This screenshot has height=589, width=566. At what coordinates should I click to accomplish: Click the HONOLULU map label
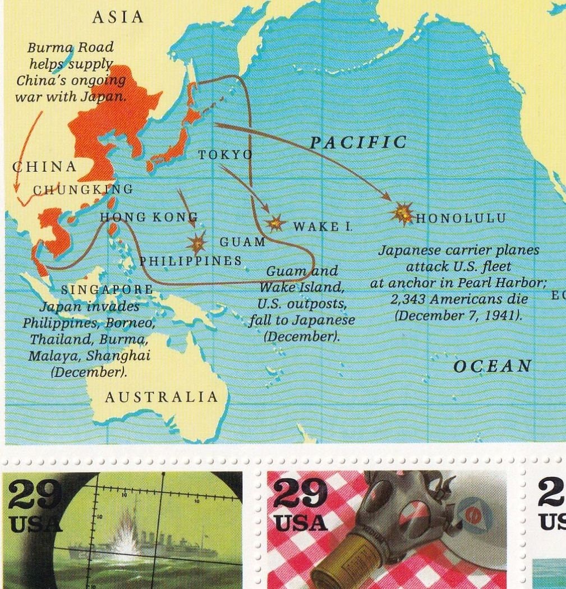click(x=461, y=218)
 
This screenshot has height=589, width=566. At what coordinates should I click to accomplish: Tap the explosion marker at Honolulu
click(x=402, y=213)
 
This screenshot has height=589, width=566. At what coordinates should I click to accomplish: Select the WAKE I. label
click(x=323, y=227)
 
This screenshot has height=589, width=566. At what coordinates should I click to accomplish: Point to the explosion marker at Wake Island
click(x=275, y=223)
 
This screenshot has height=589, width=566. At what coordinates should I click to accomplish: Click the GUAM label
click(x=242, y=242)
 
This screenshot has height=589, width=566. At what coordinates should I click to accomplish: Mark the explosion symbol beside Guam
click(x=197, y=243)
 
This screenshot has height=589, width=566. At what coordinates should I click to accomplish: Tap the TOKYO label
click(x=226, y=155)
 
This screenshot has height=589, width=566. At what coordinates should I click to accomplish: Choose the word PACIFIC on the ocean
click(x=358, y=142)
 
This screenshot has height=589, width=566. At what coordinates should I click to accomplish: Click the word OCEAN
click(x=492, y=366)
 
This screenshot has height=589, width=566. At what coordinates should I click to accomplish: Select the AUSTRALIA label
click(x=161, y=397)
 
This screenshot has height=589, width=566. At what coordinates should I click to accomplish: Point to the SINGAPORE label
click(x=107, y=289)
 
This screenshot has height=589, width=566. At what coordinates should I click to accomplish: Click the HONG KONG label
click(x=149, y=217)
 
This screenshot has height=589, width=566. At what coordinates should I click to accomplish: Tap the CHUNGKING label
click(x=82, y=189)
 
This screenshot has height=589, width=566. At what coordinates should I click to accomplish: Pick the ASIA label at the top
click(x=118, y=17)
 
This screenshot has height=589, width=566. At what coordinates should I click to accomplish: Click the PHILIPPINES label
click(x=190, y=261)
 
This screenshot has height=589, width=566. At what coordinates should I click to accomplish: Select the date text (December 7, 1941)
click(x=459, y=316)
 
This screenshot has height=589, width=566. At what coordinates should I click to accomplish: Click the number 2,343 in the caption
click(x=407, y=300)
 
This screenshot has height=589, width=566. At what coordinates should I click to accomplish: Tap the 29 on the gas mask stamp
click(x=300, y=493)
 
